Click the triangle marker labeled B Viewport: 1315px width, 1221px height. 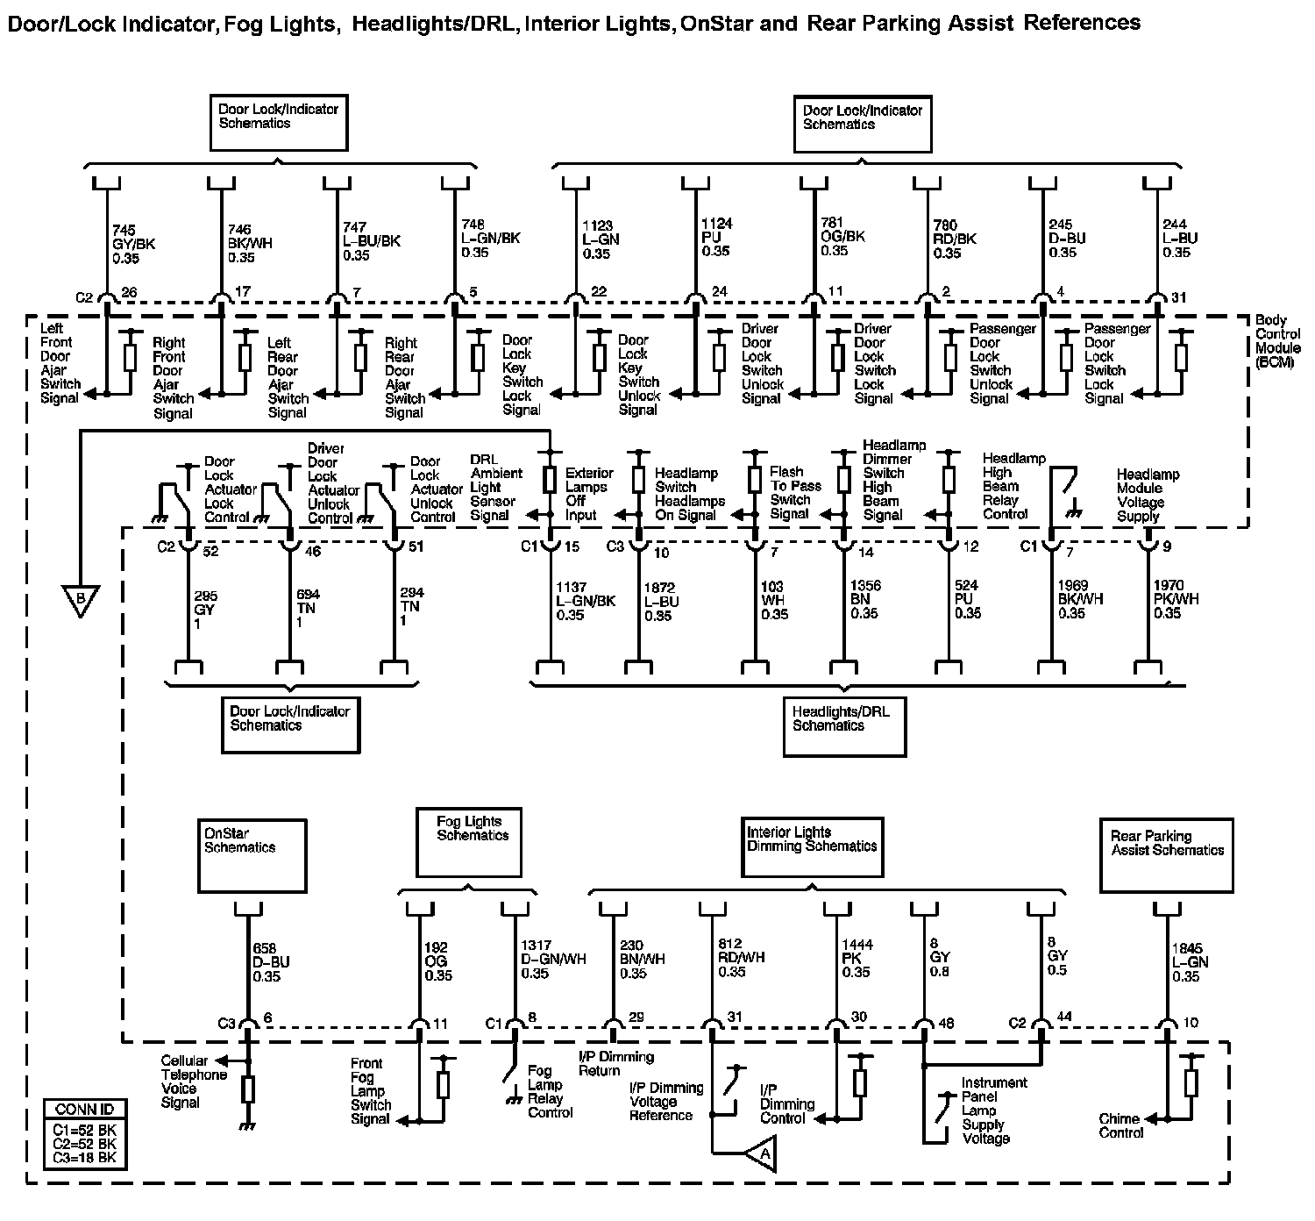point(80,600)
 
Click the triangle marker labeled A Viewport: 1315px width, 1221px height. point(763,1155)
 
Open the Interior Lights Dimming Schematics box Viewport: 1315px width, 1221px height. point(812,846)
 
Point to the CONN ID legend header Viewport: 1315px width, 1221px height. point(84,1109)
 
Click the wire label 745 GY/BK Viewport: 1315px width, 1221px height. point(133,244)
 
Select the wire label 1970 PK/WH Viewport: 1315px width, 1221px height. point(1176,599)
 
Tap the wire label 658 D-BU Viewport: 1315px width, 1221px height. point(271,962)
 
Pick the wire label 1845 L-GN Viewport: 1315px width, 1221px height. point(1190,962)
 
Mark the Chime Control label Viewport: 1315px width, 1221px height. point(1120,1125)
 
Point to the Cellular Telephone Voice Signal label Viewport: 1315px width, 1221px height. point(193,1082)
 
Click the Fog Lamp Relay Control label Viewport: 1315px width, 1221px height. point(551,1091)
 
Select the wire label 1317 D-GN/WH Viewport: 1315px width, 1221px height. point(553,960)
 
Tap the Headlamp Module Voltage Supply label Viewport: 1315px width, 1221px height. point(1147,496)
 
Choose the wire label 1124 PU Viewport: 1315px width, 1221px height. point(716,237)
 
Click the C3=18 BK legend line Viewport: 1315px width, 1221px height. point(85,1158)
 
